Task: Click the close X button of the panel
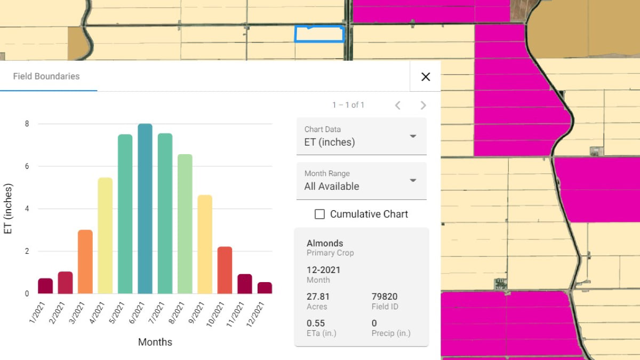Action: click(x=426, y=77)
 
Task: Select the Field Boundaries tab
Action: click(x=46, y=76)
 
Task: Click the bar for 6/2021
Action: click(x=145, y=209)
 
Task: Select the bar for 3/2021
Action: click(x=85, y=262)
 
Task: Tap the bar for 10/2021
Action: click(x=225, y=270)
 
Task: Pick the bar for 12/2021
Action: click(x=265, y=288)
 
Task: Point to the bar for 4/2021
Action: click(x=105, y=236)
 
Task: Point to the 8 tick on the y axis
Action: click(x=26, y=124)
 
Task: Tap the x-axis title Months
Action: click(x=155, y=342)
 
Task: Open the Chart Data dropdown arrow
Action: click(x=413, y=136)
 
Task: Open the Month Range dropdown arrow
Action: click(x=413, y=180)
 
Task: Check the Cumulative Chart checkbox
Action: click(x=320, y=214)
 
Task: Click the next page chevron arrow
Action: click(x=423, y=105)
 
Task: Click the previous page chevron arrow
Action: click(x=398, y=105)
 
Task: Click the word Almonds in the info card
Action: click(x=325, y=243)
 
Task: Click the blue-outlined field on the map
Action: click(x=320, y=35)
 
